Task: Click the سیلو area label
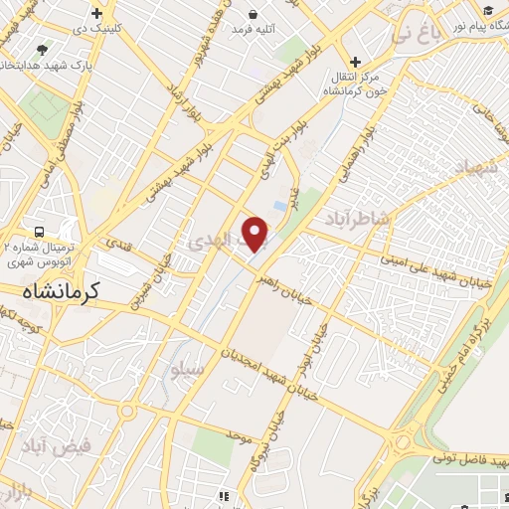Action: click(x=187, y=372)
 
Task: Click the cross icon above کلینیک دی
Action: click(x=95, y=14)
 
